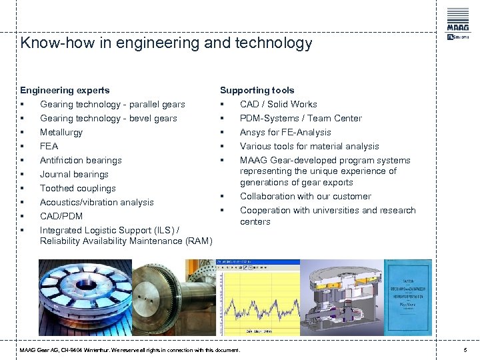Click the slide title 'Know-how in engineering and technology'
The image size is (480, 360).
pyautogui.click(x=166, y=43)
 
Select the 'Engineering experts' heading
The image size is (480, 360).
pyautogui.click(x=65, y=90)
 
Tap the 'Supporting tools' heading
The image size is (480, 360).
pyautogui.click(x=257, y=90)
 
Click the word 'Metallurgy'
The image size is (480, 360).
pyautogui.click(x=61, y=132)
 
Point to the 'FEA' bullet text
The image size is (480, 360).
pyautogui.click(x=49, y=146)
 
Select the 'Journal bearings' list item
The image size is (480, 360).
pyautogui.click(x=74, y=174)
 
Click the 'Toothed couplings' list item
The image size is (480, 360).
pyautogui.click(x=77, y=188)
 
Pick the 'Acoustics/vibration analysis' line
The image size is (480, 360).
pyautogui.click(x=97, y=202)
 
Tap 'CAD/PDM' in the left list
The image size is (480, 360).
pyautogui.click(x=61, y=216)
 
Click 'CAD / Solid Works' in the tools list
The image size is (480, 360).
pyautogui.click(x=278, y=104)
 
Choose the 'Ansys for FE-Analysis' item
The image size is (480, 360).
pyautogui.click(x=285, y=132)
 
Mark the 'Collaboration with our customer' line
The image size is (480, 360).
pyautogui.click(x=305, y=196)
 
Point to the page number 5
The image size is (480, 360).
pyautogui.click(x=465, y=350)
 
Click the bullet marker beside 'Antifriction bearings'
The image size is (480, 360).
pyautogui.click(x=23, y=160)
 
